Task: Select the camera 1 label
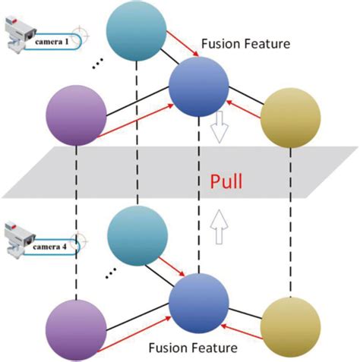pyautogui.click(x=53, y=42)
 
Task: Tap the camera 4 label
pyautogui.click(x=53, y=245)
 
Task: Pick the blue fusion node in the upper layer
pyautogui.click(x=199, y=86)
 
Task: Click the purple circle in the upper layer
pyautogui.click(x=77, y=116)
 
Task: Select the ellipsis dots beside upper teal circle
pyautogui.click(x=97, y=68)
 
